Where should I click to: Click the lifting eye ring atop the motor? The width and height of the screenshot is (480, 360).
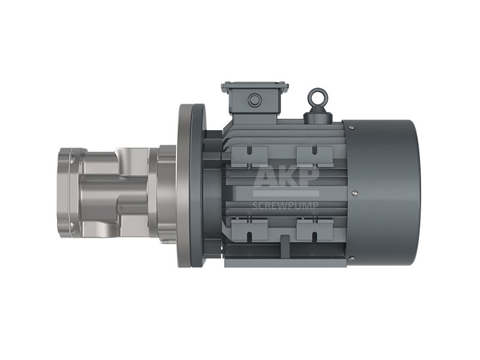(x=317, y=91)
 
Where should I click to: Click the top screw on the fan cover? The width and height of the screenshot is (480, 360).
(x=353, y=127)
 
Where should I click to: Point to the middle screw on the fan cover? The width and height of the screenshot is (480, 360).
(x=355, y=193)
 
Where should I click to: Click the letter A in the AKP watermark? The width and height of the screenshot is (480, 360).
(x=266, y=176)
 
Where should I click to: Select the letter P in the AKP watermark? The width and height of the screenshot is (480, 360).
(x=309, y=176)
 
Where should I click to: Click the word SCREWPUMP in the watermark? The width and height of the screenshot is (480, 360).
(x=286, y=205)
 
